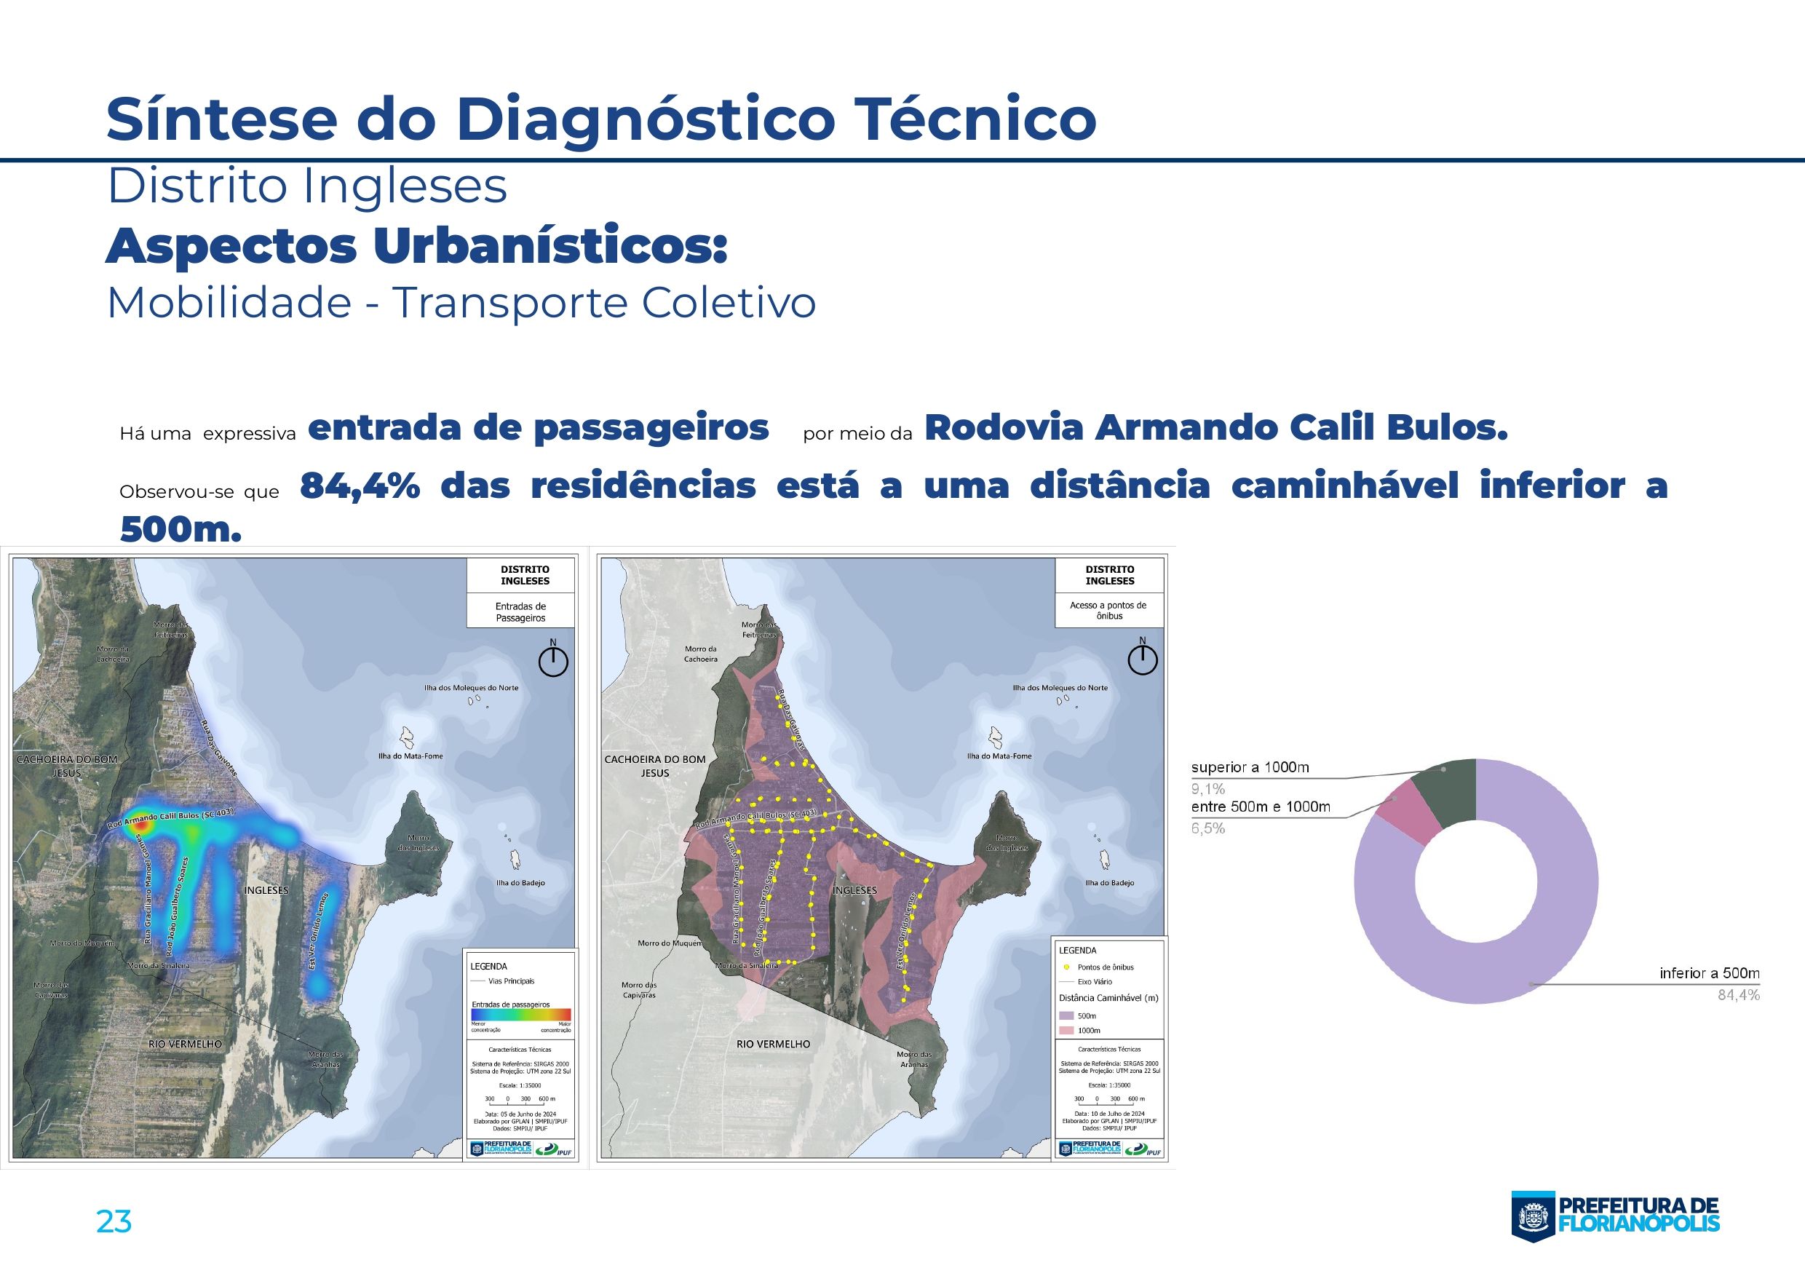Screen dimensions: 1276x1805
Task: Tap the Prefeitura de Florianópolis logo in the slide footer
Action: [x=1616, y=1216]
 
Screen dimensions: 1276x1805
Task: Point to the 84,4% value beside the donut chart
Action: [x=1738, y=995]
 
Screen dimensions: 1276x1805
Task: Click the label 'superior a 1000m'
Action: [x=1249, y=767]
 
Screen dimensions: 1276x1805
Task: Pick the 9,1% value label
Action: [x=1207, y=788]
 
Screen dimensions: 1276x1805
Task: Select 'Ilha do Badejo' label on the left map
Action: [x=520, y=883]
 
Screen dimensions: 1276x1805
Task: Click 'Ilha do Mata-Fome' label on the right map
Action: [x=999, y=756]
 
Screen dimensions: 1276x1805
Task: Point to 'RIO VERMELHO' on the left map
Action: [x=186, y=1044]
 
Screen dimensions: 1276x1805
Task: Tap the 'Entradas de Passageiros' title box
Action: [x=520, y=611]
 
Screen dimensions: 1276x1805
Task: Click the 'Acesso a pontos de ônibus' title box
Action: [x=1108, y=610]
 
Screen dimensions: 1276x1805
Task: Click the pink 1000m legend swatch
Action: [x=1066, y=1030]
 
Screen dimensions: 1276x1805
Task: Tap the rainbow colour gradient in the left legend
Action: [x=520, y=1014]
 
